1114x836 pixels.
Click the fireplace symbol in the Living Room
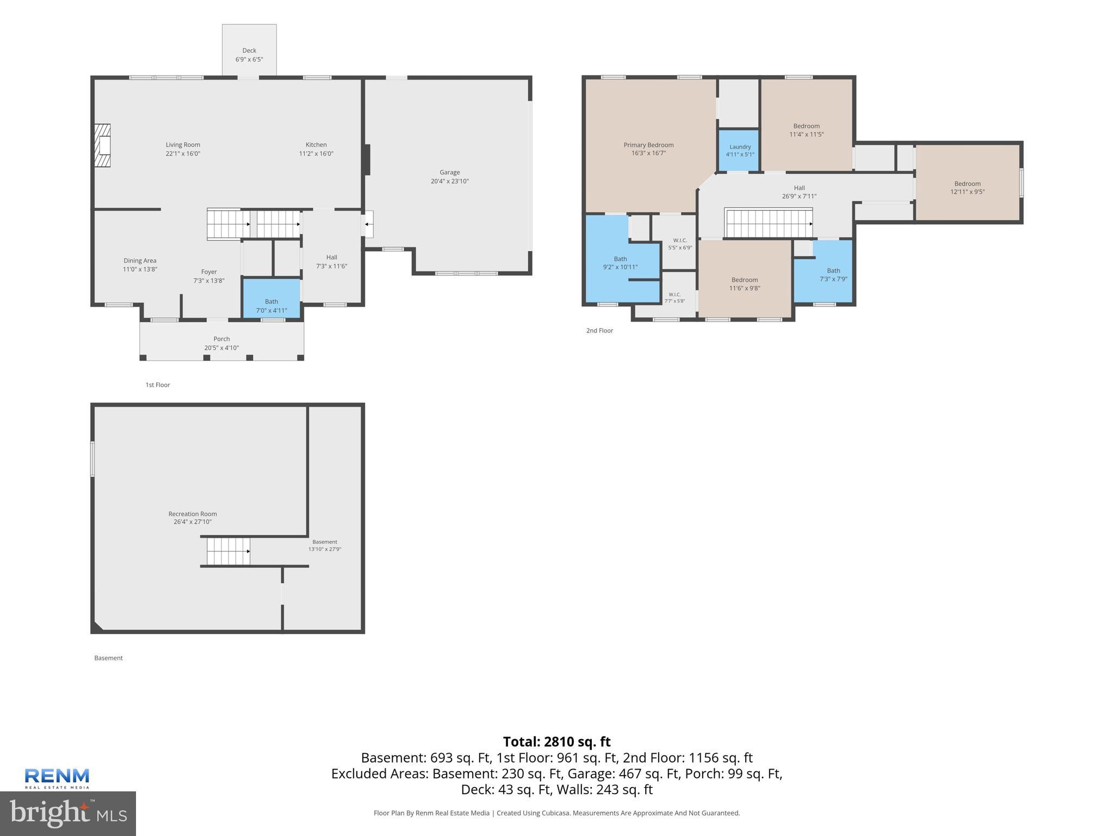[102, 145]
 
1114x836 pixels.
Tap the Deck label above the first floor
[249, 51]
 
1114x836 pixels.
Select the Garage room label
[450, 173]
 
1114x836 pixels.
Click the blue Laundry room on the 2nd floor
[739, 150]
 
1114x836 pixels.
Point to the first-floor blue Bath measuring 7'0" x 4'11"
[271, 298]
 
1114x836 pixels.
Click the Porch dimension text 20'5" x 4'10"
[222, 348]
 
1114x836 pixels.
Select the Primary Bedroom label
[648, 145]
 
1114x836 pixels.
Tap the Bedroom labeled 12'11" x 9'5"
[967, 183]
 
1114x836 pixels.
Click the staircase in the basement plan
[228, 551]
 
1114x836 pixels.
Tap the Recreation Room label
[193, 514]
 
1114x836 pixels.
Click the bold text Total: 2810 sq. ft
[557, 742]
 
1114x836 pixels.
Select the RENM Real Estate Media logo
[57, 778]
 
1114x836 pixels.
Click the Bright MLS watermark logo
[68, 813]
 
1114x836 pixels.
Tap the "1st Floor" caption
[158, 385]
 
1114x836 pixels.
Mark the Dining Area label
[140, 261]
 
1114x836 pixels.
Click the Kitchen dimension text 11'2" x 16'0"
[316, 153]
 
